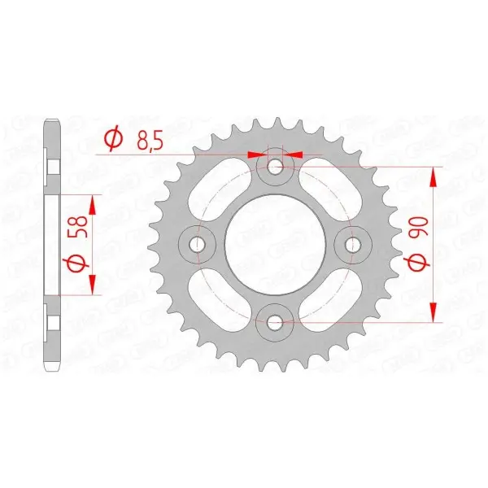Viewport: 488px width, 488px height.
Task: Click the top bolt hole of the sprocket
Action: click(x=275, y=168)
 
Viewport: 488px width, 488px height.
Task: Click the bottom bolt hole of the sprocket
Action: click(x=275, y=322)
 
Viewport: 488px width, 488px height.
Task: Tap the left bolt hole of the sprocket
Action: click(x=198, y=243)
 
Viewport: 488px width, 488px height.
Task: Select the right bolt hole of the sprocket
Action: click(x=353, y=243)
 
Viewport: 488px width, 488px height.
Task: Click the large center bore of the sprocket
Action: click(x=275, y=244)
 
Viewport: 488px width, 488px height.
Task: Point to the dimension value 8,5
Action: click(x=148, y=141)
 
